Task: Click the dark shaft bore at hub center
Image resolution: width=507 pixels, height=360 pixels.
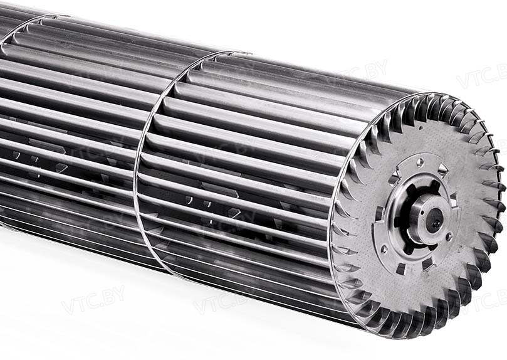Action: (434, 220)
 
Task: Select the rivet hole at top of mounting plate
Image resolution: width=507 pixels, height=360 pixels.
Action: (420, 161)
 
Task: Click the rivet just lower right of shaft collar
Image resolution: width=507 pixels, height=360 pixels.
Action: (449, 237)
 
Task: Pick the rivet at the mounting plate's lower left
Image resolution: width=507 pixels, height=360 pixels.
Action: (384, 249)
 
